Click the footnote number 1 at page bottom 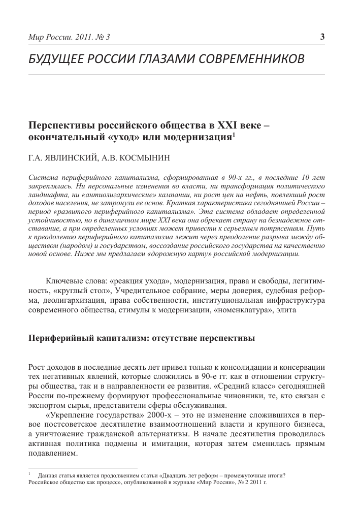click(29, 475)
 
